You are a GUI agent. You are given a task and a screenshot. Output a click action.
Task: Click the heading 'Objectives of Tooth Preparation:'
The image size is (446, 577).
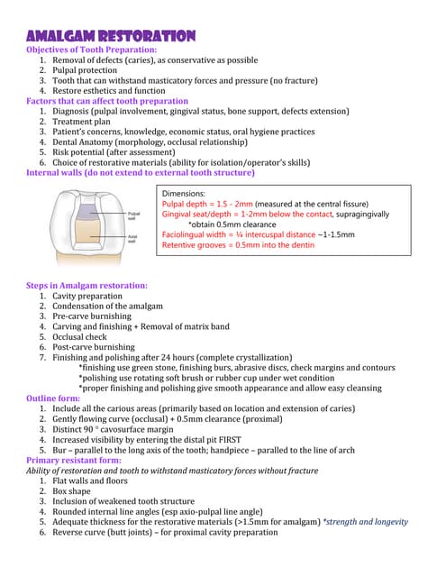point(91,50)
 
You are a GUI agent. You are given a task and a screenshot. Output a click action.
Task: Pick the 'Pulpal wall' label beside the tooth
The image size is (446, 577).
point(133,216)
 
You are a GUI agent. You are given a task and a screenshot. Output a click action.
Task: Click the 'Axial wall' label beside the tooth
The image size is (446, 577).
point(132,239)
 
